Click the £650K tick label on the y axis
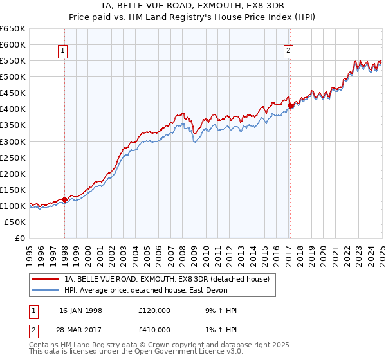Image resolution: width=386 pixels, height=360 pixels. (13, 29)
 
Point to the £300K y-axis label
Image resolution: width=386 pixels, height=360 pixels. (13, 141)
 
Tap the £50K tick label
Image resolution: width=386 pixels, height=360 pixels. (15, 222)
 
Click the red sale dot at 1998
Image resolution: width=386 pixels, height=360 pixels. (65, 199)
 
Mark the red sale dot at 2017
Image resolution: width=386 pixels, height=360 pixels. (290, 105)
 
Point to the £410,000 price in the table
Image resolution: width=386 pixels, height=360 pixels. (154, 330)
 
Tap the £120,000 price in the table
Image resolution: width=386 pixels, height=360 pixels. (154, 310)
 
